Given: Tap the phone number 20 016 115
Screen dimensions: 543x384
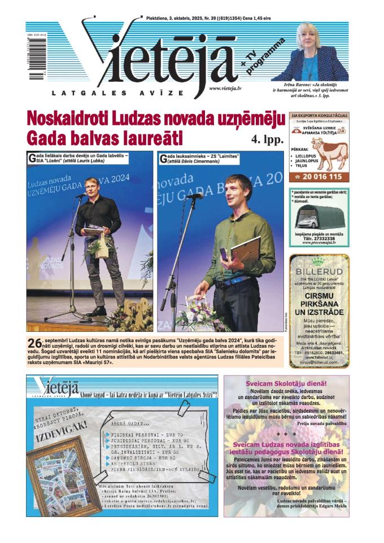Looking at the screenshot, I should (x=320, y=177).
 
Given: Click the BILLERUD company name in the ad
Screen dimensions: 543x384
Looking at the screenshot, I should (x=319, y=271).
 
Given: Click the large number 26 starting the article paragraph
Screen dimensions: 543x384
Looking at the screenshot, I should (x=34, y=343).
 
